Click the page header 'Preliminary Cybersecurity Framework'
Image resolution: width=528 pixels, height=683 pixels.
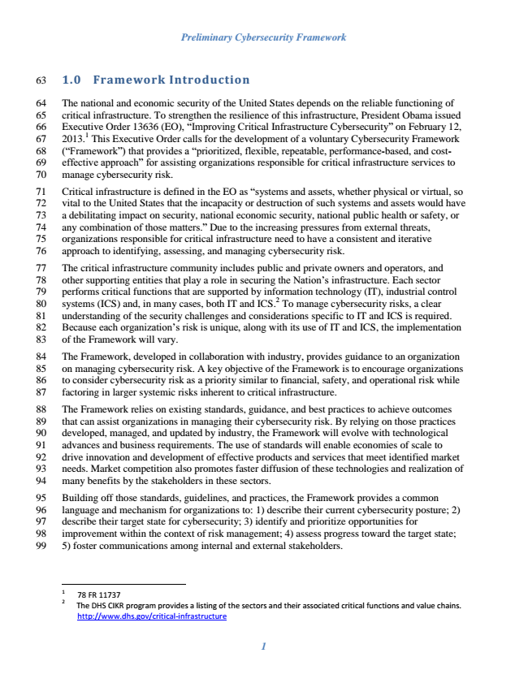pyautogui.click(x=263, y=37)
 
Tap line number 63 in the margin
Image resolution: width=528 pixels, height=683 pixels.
pyautogui.click(x=43, y=80)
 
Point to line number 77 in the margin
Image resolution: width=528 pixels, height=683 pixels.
pyautogui.click(x=43, y=266)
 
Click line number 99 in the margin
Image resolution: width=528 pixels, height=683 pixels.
pyautogui.click(x=43, y=547)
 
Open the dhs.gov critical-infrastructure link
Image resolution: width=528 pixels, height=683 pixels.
pyautogui.click(x=151, y=616)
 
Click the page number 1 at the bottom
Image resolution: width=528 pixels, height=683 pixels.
pyautogui.click(x=263, y=647)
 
